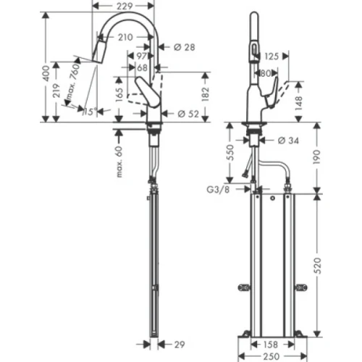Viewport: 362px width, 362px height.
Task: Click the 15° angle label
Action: pyautogui.click(x=89, y=112)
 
